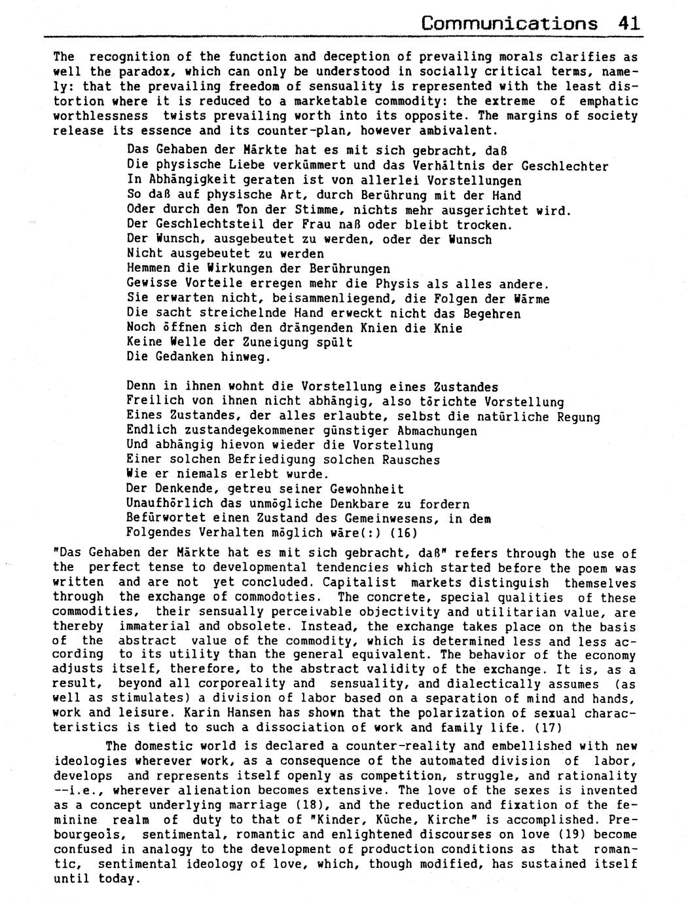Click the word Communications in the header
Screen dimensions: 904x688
tap(509, 24)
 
